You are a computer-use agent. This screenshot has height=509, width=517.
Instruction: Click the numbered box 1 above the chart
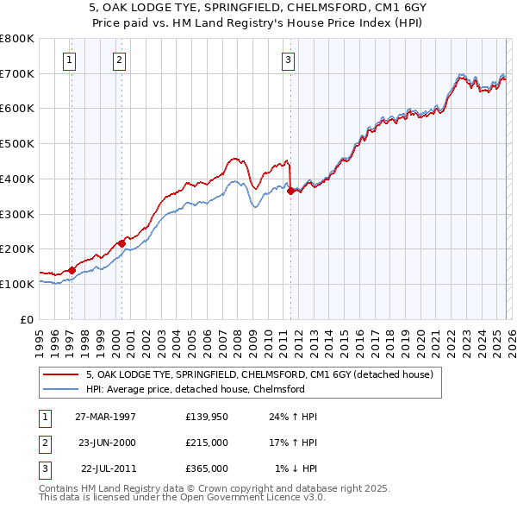click(68, 60)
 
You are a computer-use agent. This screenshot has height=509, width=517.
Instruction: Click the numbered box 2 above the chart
click(118, 60)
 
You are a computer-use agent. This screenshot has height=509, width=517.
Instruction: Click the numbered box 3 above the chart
click(287, 60)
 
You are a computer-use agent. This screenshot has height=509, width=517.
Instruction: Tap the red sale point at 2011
click(290, 192)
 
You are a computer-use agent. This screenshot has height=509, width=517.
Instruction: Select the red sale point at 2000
click(121, 244)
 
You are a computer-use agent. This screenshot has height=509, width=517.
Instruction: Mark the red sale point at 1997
click(72, 270)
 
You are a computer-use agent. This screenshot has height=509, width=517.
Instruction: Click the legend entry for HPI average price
click(195, 389)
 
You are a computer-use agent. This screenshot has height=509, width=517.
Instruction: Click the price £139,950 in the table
click(207, 417)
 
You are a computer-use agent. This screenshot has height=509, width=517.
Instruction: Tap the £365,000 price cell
click(207, 468)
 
